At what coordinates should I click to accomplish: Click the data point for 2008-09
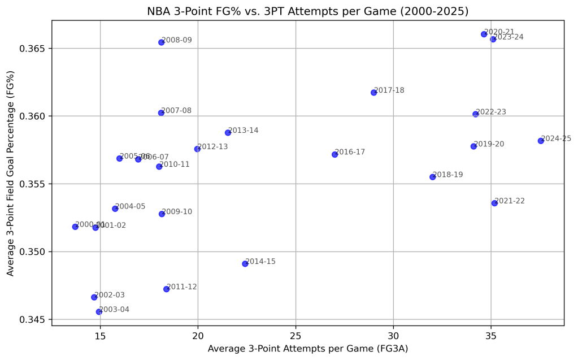tap(161, 42)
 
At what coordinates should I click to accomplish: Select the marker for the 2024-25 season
tap(541, 141)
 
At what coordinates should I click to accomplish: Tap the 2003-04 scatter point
tap(99, 312)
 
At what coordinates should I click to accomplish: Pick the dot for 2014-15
tap(245, 264)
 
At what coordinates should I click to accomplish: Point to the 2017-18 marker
tap(373, 93)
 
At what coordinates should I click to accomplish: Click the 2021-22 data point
tap(494, 203)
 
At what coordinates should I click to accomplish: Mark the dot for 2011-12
tap(166, 289)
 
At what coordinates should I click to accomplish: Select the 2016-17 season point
tap(334, 154)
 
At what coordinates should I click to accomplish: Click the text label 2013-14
tap(244, 131)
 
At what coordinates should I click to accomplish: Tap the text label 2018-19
tap(448, 175)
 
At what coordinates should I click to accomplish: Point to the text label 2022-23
tap(491, 112)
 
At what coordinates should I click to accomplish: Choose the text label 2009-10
tap(177, 212)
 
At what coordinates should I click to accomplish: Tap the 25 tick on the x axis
tap(295, 336)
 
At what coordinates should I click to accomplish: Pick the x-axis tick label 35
tap(491, 336)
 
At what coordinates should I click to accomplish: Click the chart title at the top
tap(307, 11)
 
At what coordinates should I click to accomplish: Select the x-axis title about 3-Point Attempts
tap(307, 349)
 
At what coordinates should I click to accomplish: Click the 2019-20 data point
tap(473, 146)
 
